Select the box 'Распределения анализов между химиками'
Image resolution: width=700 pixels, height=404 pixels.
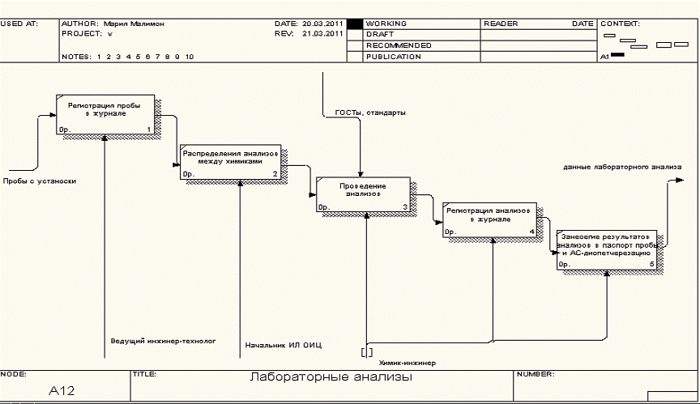[x=231, y=162]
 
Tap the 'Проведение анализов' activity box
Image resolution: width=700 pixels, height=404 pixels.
[x=364, y=195]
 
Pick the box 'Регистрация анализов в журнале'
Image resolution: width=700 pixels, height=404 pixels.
[x=489, y=219]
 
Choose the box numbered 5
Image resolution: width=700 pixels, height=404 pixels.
[x=607, y=250]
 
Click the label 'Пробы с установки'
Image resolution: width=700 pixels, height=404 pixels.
[x=40, y=181]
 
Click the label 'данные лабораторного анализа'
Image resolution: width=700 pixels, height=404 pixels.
[x=622, y=167]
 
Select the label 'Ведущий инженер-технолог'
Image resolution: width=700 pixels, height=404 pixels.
[x=163, y=341]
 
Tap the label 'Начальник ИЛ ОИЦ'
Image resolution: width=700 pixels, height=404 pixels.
[x=284, y=346]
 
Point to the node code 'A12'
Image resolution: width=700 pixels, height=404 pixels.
[x=63, y=390]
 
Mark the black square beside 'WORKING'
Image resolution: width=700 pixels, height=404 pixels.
[x=353, y=24]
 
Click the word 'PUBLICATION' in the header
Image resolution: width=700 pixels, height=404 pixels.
[x=394, y=57]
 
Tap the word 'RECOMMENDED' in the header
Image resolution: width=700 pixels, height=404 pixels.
[x=399, y=45]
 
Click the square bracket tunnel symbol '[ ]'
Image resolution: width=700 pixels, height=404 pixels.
[x=367, y=351]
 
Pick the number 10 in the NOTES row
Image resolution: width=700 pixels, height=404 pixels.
[x=189, y=57]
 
